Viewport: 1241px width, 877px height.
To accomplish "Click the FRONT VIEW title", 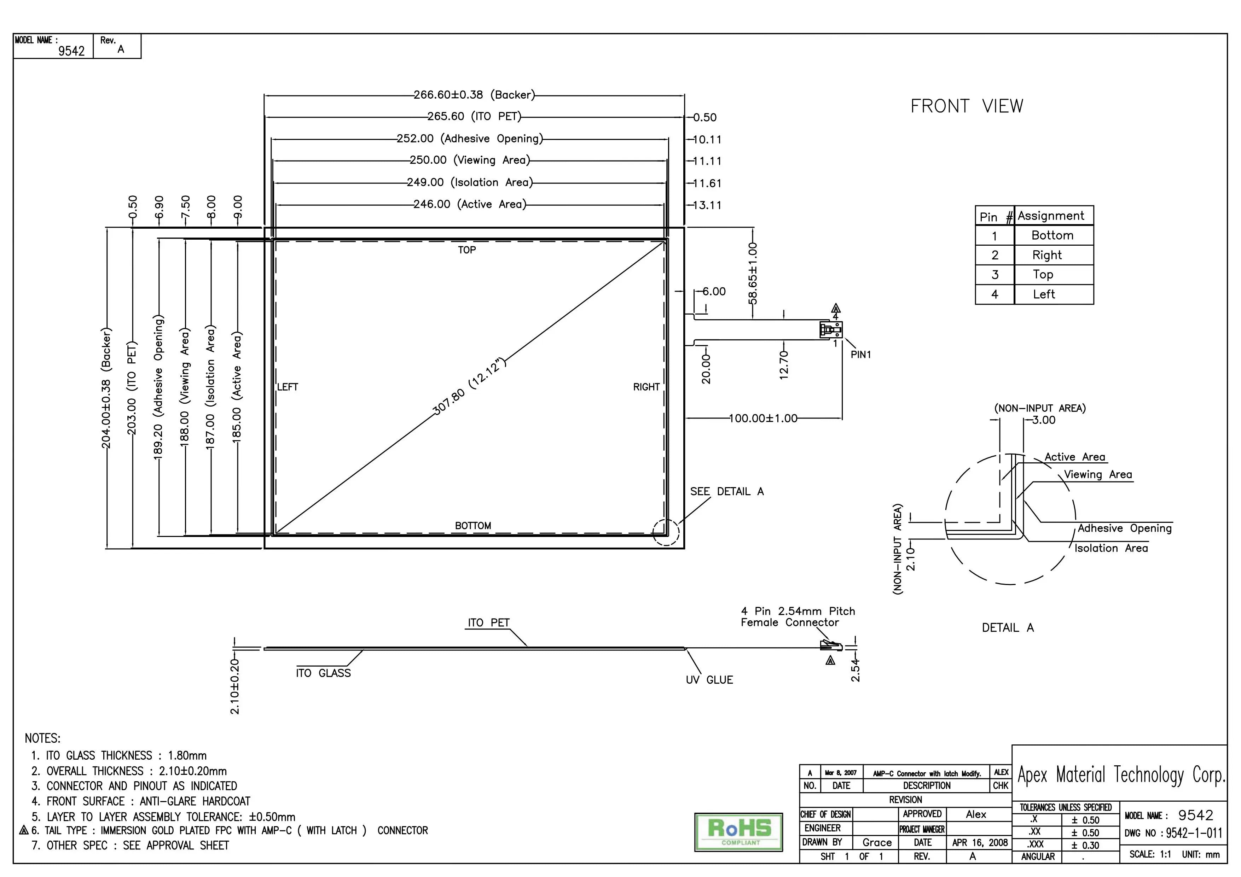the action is (967, 106).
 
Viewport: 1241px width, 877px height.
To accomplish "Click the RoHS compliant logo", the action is (738, 832).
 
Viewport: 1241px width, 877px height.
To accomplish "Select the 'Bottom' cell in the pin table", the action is (1052, 235).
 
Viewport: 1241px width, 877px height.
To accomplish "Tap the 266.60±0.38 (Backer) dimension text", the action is (474, 95).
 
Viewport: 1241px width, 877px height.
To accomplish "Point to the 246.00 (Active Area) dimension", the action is (470, 204).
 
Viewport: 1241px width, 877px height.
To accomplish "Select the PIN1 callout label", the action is (861, 355).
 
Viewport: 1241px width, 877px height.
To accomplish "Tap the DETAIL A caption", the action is (1008, 627).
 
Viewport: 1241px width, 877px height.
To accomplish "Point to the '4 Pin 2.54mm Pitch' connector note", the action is (798, 611).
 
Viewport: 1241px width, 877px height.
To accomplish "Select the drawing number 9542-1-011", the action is (1194, 833).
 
